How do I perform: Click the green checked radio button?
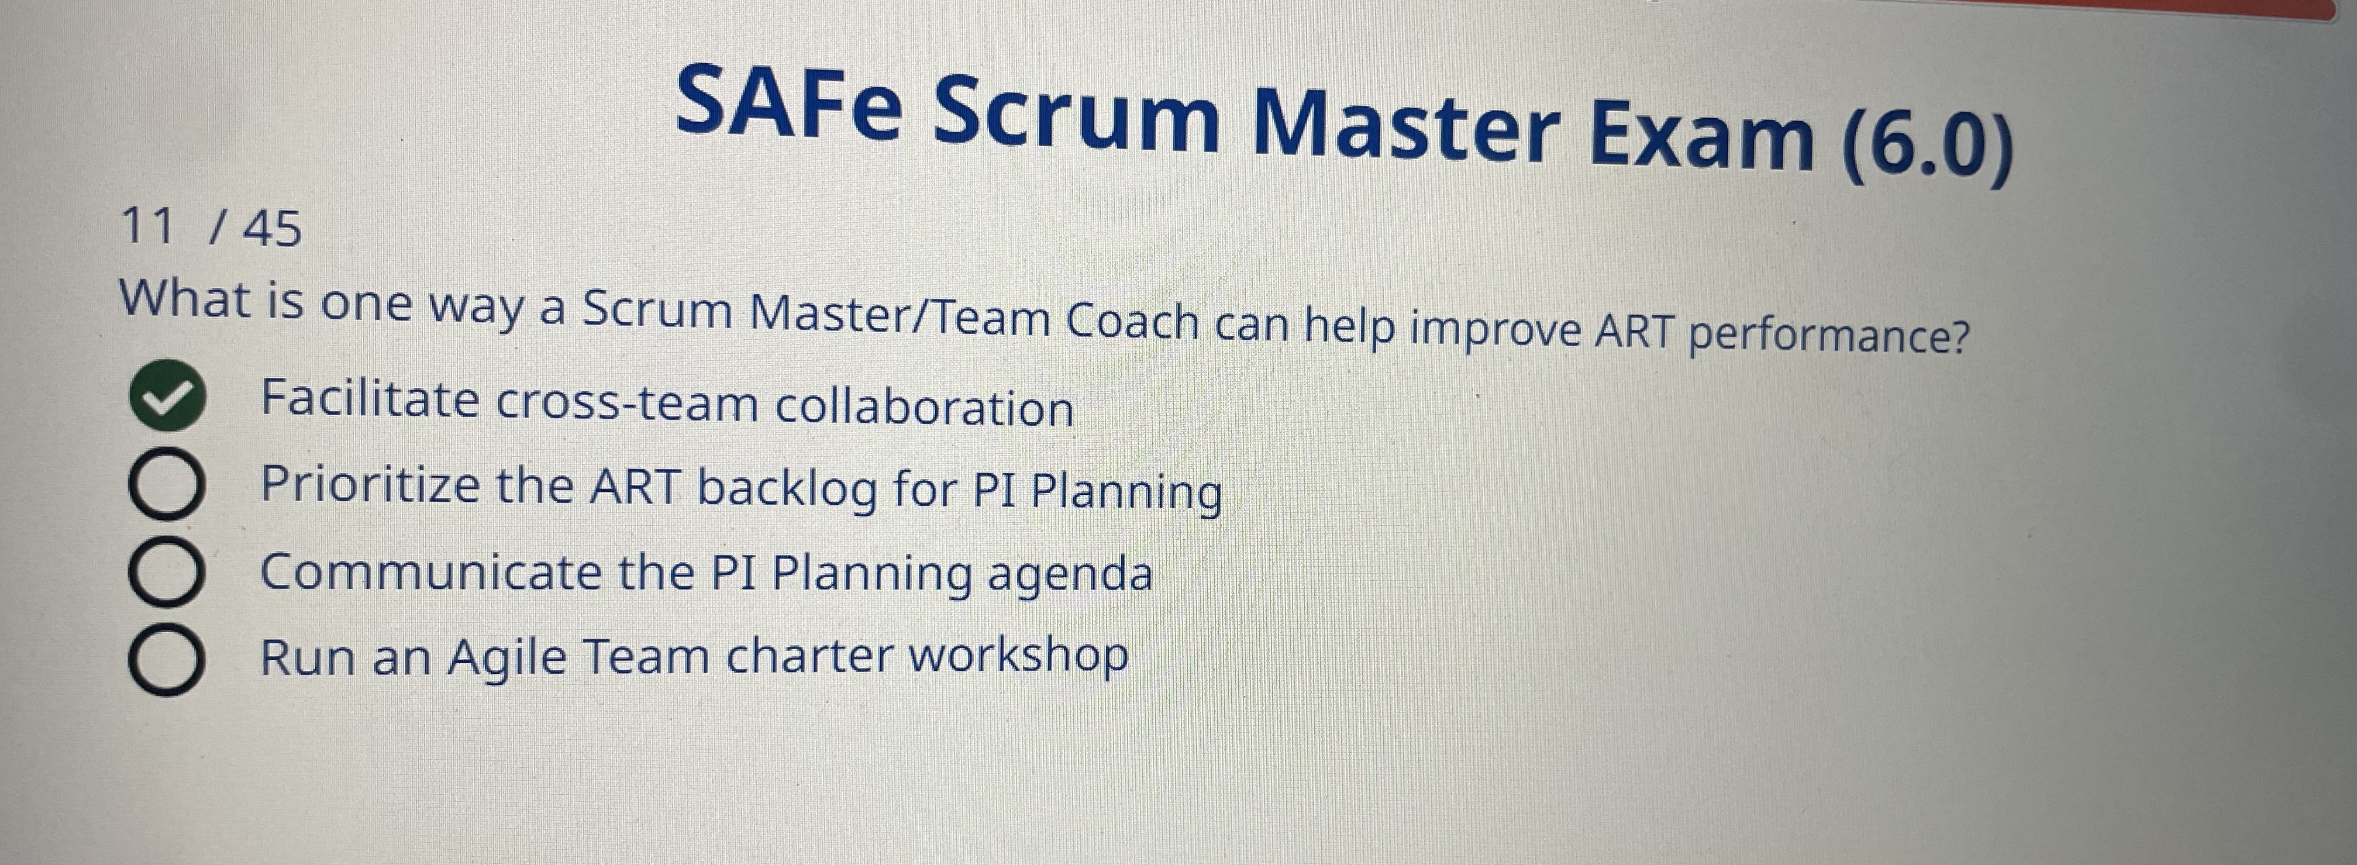coord(167,397)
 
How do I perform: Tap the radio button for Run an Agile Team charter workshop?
coord(166,660)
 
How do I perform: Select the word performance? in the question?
coord(1829,335)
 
